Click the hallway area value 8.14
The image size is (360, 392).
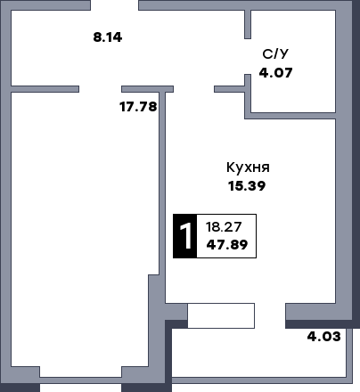pyautogui.click(x=107, y=37)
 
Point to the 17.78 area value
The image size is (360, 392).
pyautogui.click(x=138, y=107)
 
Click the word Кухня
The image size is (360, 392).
pyautogui.click(x=248, y=167)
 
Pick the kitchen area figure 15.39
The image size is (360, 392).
pyautogui.click(x=248, y=186)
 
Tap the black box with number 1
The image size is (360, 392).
pyautogui.click(x=184, y=236)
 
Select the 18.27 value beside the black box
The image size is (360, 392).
pyautogui.click(x=223, y=226)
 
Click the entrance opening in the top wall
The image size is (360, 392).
pyautogui.click(x=126, y=5)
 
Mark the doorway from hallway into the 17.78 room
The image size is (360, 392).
pyautogui.click(x=101, y=88)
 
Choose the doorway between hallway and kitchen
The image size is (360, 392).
pyautogui.click(x=193, y=88)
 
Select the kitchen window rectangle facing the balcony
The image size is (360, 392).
pyautogui.click(x=221, y=315)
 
